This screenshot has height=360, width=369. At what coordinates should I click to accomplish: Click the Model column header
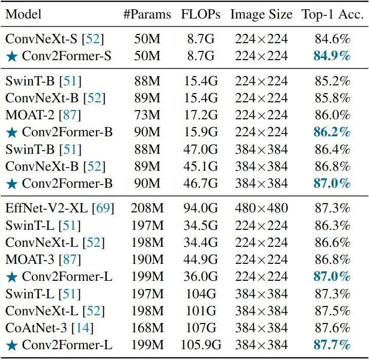(24, 14)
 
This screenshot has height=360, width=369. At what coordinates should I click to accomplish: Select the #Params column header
(146, 14)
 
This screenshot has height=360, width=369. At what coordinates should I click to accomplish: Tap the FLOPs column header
(200, 14)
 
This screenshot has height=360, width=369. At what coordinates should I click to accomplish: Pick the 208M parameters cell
(146, 209)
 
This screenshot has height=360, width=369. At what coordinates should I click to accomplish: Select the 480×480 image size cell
(261, 209)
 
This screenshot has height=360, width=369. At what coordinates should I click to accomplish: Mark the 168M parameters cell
(146, 327)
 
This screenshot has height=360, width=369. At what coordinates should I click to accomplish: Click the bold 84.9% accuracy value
(331, 56)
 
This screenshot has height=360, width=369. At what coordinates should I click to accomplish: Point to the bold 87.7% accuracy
(331, 344)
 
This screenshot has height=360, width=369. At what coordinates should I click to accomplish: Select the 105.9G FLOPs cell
(200, 344)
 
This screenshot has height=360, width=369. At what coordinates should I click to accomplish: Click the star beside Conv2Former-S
(12, 56)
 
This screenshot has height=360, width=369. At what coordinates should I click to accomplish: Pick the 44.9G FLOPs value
(200, 259)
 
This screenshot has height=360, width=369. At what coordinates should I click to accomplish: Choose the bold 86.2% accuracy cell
(331, 132)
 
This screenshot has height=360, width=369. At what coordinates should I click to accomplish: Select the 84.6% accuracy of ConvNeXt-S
(331, 39)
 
